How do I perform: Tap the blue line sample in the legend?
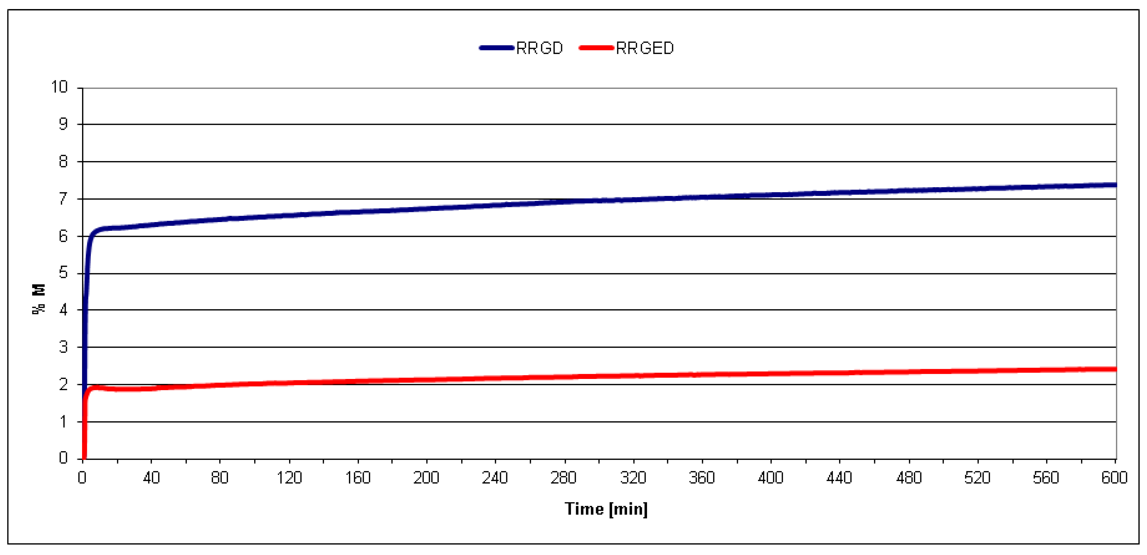coord(497,48)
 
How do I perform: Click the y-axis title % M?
coord(39,299)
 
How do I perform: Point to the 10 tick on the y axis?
coord(59,87)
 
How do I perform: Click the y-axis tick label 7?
coord(63,199)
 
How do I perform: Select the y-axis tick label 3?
coord(63,347)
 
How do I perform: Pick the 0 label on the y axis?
coord(63,458)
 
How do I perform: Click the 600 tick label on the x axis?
coord(1114,478)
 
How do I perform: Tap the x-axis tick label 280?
coord(564,478)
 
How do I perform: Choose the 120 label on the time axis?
coord(289,478)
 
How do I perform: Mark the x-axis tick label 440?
coord(839,478)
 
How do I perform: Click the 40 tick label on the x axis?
coord(151,478)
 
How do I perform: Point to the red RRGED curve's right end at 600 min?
coord(1114,369)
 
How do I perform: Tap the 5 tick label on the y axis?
coord(63,273)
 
